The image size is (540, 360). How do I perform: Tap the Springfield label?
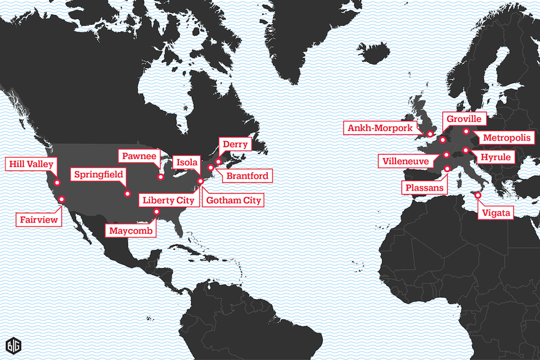(98, 174)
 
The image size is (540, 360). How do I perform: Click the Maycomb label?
(130, 231)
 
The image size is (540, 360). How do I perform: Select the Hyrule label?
(496, 157)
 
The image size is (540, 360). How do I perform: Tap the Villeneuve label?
(405, 162)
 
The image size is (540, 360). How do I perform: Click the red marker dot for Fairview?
(61, 199)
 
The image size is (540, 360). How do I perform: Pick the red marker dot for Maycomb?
(156, 212)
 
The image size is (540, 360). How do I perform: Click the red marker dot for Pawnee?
(160, 177)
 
